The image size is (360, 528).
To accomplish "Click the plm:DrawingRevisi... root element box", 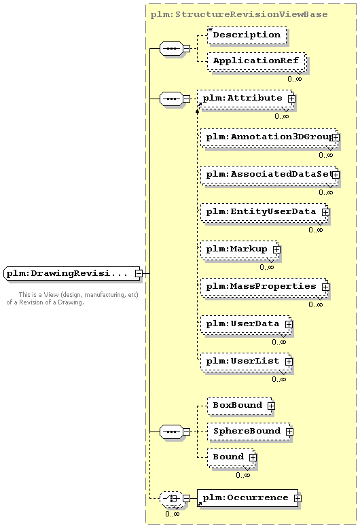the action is click(71, 273).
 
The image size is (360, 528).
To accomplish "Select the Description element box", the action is click(247, 35).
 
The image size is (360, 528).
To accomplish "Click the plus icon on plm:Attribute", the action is click(291, 99).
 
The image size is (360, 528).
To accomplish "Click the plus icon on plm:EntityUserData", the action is click(325, 212).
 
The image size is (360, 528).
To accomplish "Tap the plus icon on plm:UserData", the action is click(289, 324).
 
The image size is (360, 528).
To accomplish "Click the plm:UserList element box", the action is click(246, 362).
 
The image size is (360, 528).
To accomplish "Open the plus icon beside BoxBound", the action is click(271, 406).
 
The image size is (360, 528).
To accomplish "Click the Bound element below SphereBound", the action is click(231, 457).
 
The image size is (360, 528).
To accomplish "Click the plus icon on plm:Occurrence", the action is click(298, 498).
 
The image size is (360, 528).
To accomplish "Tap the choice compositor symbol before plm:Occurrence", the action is click(171, 498).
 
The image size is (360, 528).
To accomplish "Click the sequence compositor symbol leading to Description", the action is click(171, 48).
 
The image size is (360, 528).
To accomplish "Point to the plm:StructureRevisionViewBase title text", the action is click(239, 14).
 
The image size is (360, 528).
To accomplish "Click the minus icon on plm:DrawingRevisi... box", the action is click(139, 273).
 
